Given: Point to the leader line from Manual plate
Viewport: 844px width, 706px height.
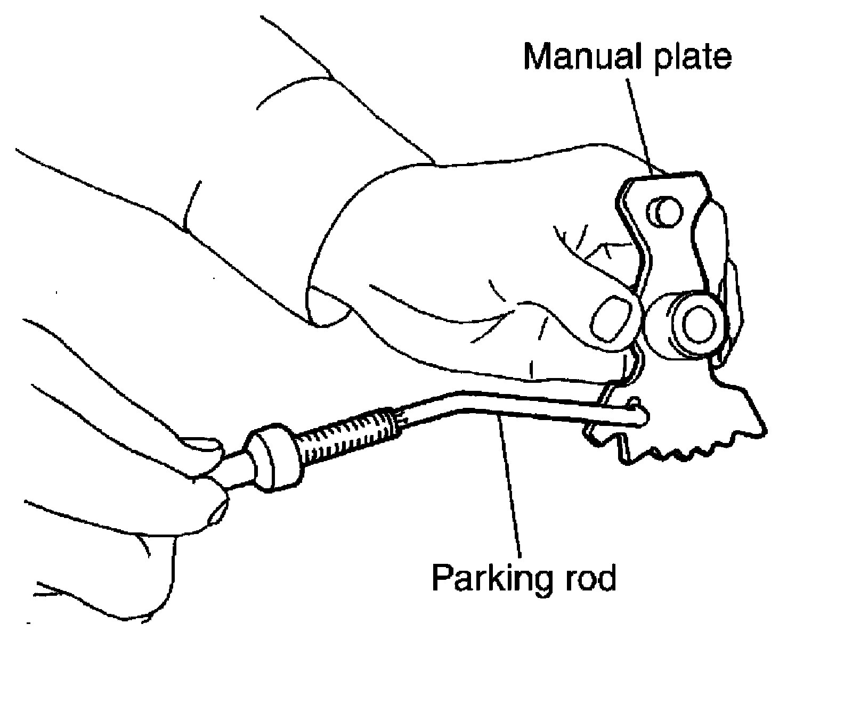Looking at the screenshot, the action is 639,122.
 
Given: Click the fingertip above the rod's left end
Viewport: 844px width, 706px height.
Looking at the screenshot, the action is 200,447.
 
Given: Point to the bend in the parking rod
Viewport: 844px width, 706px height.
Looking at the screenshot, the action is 453,401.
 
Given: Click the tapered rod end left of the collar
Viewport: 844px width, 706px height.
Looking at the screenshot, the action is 237,469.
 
